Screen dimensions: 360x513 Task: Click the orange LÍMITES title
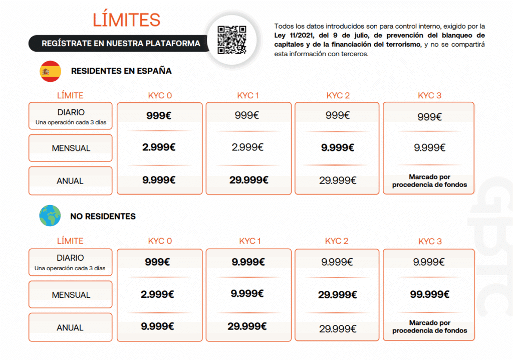[126, 20]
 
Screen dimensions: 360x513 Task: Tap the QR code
[232, 40]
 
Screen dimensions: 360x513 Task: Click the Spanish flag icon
[50, 71]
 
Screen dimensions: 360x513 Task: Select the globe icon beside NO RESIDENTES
[50, 216]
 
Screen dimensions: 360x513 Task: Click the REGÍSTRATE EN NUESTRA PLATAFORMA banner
[121, 44]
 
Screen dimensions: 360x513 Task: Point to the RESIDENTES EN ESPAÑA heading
[121, 71]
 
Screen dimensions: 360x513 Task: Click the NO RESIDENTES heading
[103, 217]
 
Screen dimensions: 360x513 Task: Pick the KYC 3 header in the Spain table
[429, 96]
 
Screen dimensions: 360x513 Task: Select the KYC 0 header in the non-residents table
[160, 241]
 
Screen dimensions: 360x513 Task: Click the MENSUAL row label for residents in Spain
[71, 148]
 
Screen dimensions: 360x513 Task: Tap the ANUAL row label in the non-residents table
[70, 328]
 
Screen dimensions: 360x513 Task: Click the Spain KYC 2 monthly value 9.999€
[338, 148]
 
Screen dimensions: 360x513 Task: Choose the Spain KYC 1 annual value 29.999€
[248, 181]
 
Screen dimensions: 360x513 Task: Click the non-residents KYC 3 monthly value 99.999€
[429, 294]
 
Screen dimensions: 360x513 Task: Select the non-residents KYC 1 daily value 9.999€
[248, 262]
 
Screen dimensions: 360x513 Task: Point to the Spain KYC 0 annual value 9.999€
[159, 181]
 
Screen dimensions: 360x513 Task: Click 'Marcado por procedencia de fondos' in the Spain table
[429, 181]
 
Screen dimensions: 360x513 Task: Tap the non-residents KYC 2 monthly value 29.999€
[338, 295]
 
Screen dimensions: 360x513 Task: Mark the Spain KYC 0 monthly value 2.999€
[159, 148]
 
